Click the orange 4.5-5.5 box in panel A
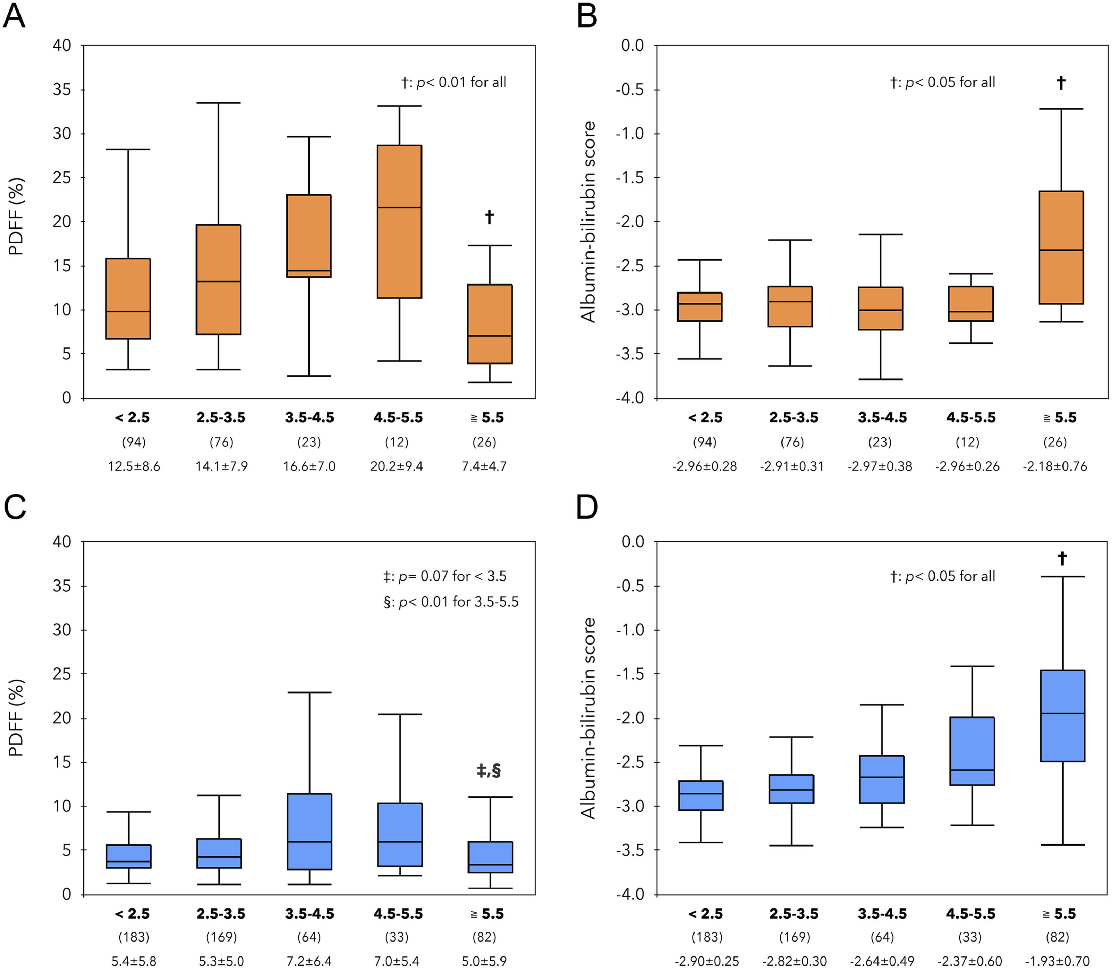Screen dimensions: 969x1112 pyautogui.click(x=399, y=222)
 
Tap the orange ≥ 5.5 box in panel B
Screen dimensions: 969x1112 pyautogui.click(x=1061, y=247)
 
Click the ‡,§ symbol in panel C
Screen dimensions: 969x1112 pyautogui.click(x=488, y=771)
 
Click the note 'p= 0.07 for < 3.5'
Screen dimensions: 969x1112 pyautogui.click(x=445, y=577)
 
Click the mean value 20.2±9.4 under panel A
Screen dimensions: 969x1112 pyautogui.click(x=396, y=466)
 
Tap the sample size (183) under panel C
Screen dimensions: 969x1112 pyautogui.click(x=134, y=937)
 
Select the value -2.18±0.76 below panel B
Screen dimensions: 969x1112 pyautogui.click(x=1055, y=466)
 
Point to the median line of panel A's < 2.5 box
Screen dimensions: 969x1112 pyautogui.click(x=128, y=311)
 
